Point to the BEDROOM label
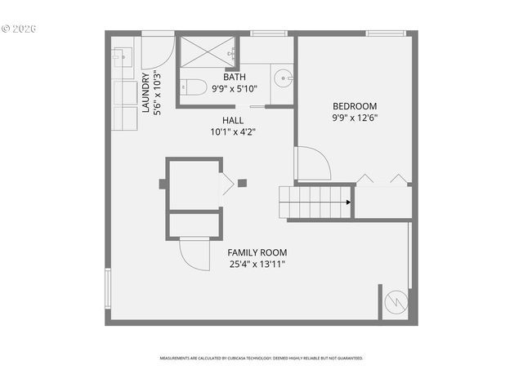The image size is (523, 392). click(355, 106)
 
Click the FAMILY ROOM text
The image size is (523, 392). click(257, 253)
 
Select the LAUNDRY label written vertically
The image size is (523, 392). click(146, 94)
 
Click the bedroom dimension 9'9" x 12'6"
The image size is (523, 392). click(355, 118)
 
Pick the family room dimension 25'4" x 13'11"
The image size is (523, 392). click(257, 265)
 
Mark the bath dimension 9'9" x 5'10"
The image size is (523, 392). click(235, 89)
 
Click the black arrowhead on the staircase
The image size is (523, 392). click(348, 202)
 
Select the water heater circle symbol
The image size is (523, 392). click(395, 303)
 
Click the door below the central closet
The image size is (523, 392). click(194, 253)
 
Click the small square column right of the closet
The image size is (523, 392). click(243, 183)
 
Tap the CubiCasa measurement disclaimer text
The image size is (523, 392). click(261, 358)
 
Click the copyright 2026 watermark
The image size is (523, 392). click(19, 28)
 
